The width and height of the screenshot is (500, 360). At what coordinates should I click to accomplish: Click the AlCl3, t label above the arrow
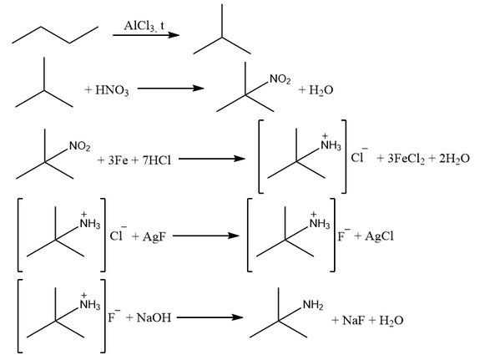pos(144,26)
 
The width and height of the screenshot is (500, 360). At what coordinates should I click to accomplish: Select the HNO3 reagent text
pos(112,90)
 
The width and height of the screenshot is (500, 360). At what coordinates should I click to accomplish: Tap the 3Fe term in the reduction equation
pos(118,160)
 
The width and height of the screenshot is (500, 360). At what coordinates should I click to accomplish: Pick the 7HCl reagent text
pos(157,160)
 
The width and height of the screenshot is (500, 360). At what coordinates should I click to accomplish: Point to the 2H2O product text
pos(454,159)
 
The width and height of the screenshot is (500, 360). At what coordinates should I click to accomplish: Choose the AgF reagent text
pos(154,236)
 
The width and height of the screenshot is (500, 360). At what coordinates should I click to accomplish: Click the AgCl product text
pos(379,236)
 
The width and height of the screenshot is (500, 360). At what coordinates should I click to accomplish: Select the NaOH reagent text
pos(154,318)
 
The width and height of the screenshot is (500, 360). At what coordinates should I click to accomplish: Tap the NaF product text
pos(353,320)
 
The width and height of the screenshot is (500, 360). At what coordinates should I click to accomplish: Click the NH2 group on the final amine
pos(313,305)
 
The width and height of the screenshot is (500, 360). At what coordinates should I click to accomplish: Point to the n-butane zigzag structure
pos(55,35)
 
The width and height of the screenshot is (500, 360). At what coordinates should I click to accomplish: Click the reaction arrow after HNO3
pos(170,89)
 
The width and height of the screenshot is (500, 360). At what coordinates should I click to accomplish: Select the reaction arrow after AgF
pos(206,236)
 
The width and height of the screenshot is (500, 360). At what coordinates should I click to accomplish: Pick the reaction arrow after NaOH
pos(210,317)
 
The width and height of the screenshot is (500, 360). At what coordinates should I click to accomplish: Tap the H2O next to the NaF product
pos(391,320)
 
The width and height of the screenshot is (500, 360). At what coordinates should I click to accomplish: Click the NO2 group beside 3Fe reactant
pos(80,146)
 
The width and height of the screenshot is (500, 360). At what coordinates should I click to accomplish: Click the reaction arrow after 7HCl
pos(212,159)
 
